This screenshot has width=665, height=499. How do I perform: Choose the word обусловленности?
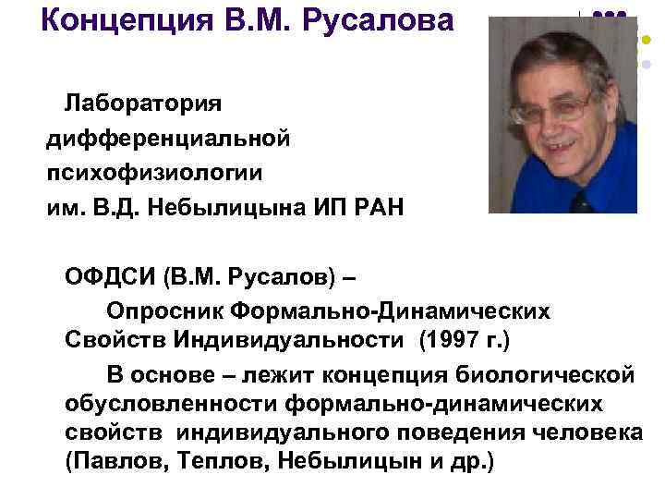click(x=172, y=404)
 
